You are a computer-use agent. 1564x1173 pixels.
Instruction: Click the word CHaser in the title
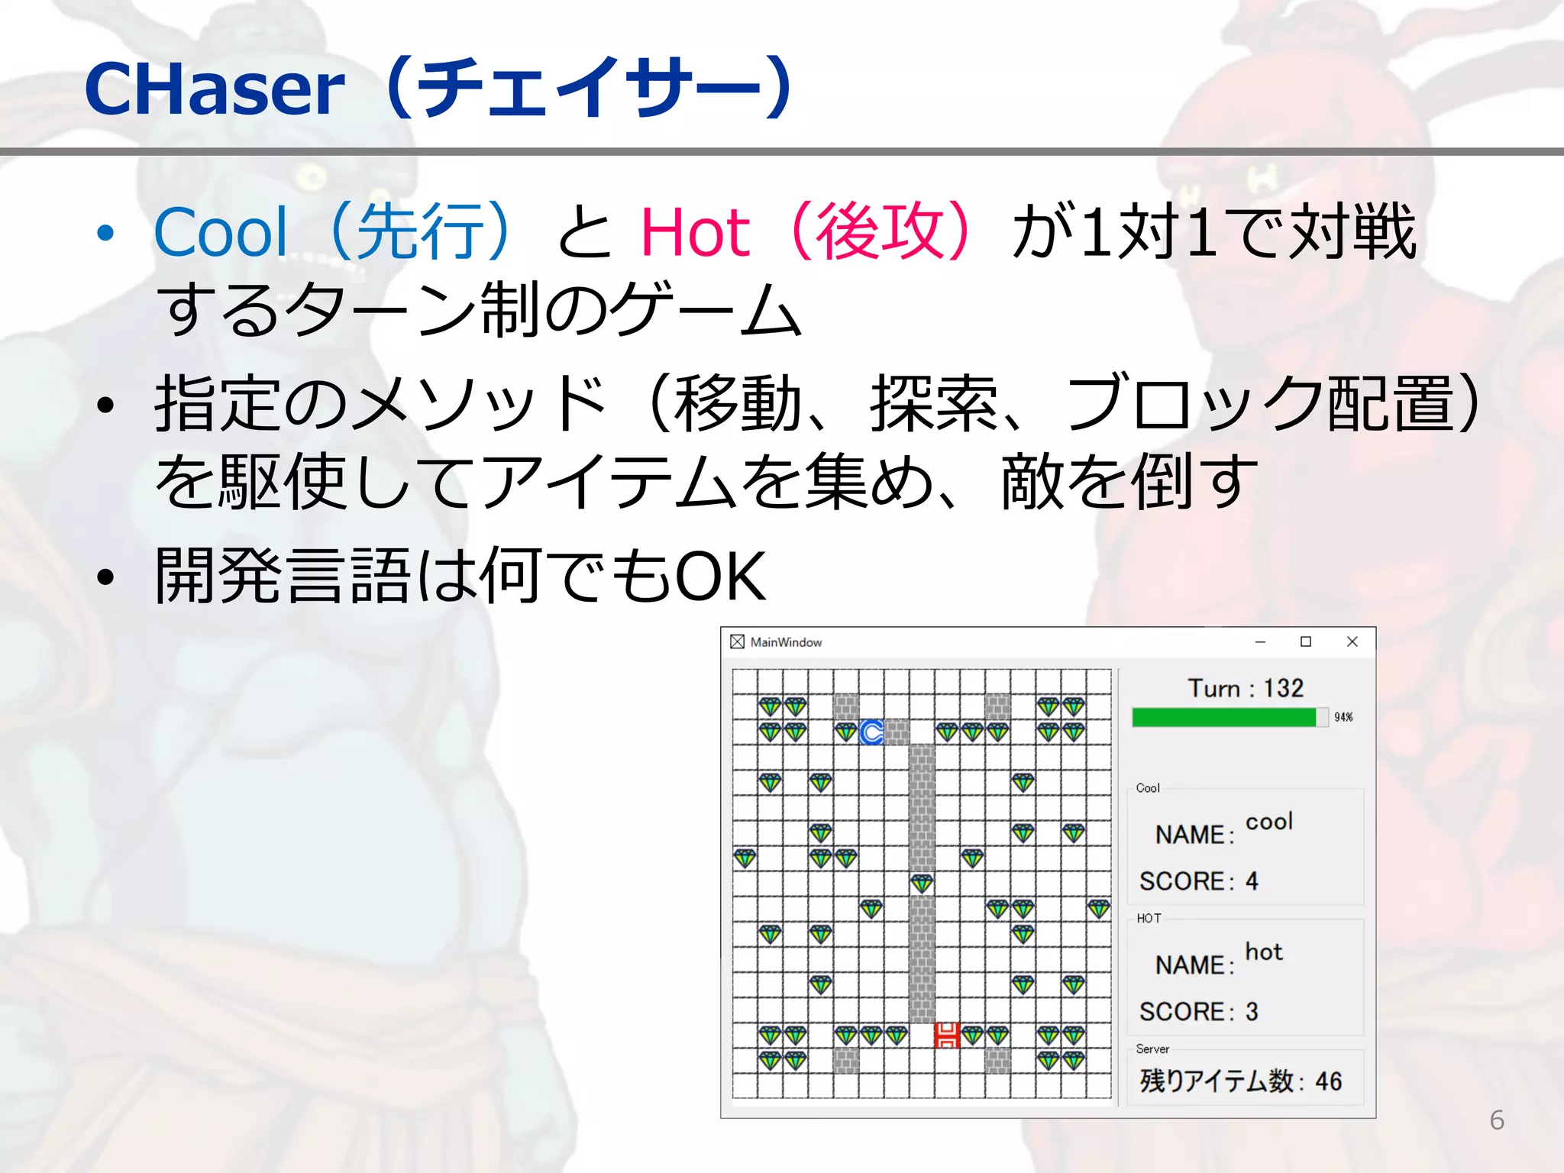[x=215, y=90]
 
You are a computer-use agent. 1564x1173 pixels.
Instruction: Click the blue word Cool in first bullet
[x=221, y=232]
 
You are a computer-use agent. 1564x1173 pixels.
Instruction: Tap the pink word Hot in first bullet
[x=695, y=232]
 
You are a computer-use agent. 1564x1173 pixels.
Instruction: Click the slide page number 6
[x=1497, y=1120]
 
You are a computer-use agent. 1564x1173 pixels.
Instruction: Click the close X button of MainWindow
[x=1352, y=641]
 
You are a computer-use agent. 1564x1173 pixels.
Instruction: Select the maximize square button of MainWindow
[x=1306, y=641]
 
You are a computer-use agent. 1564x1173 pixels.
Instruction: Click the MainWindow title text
[x=786, y=642]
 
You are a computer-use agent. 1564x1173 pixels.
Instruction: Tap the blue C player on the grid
[x=871, y=732]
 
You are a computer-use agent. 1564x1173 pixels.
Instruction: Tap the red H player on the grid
[x=947, y=1036]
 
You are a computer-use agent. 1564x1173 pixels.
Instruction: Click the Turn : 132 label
[x=1246, y=688]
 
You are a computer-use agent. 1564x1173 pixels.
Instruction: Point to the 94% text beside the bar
[x=1343, y=717]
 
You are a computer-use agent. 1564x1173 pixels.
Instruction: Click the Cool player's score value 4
[x=1252, y=881]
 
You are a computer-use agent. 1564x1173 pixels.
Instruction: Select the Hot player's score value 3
[x=1252, y=1012]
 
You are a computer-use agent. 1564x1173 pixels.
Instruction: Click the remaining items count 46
[x=1328, y=1081]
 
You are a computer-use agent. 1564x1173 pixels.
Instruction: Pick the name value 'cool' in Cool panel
[x=1269, y=822]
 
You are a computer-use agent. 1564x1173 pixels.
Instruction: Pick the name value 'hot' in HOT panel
[x=1264, y=952]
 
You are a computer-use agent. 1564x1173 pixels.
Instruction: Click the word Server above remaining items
[x=1152, y=1049]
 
